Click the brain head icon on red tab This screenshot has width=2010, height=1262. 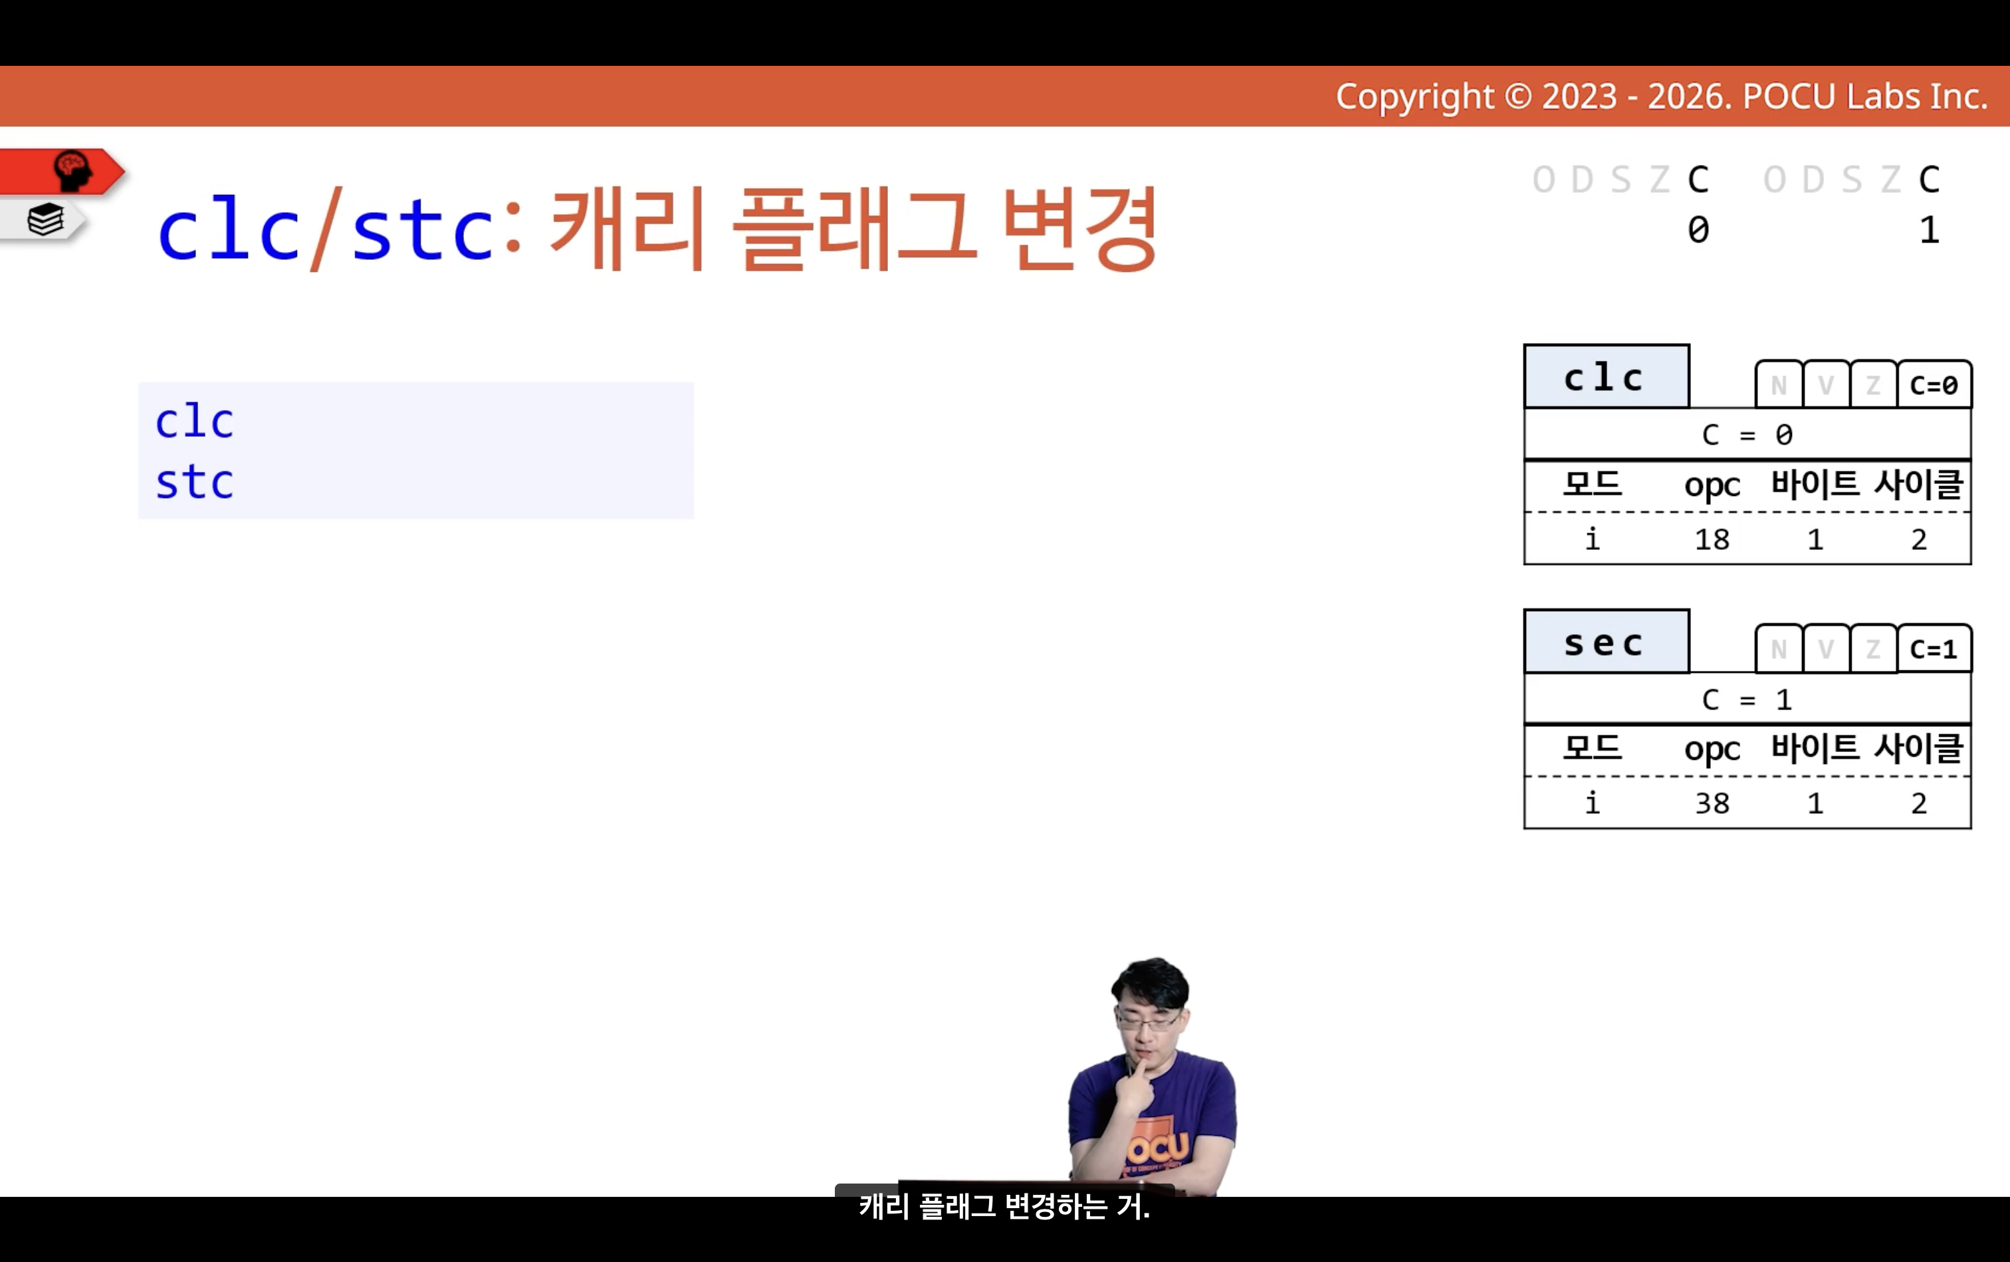tap(72, 171)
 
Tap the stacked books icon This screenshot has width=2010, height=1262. tap(45, 220)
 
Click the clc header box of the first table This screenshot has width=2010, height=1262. tap(1606, 376)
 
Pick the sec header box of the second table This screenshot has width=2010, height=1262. tap(1606, 641)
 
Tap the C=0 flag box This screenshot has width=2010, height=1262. tap(1934, 385)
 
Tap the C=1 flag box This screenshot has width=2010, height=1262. tap(1934, 648)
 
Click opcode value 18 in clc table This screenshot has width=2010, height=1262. tap(1712, 540)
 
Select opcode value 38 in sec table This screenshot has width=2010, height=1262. tap(1712, 804)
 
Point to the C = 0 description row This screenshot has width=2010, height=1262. tap(1747, 434)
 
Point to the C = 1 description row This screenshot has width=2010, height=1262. tap(1747, 699)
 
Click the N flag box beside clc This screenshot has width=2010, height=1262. tap(1779, 385)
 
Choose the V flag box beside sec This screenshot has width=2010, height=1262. tap(1827, 648)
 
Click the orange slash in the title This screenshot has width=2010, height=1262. tap(326, 229)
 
